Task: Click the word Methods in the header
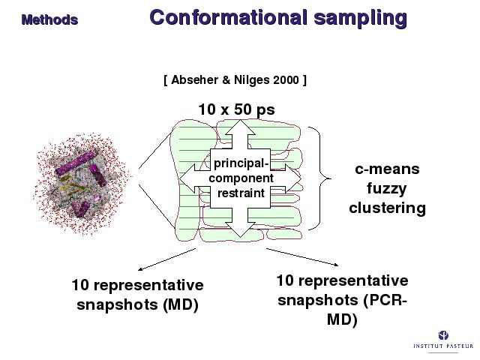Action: [49, 19]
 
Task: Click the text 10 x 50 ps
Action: [236, 110]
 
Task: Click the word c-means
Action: [387, 169]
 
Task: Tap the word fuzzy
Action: [387, 188]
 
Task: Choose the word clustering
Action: [387, 208]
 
